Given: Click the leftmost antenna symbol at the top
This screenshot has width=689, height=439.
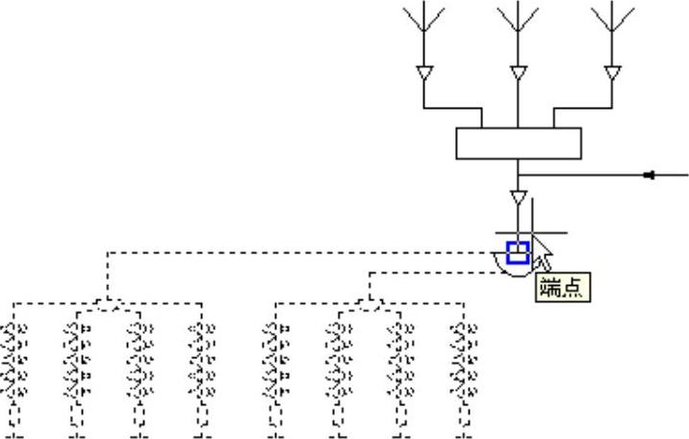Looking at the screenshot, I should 423,19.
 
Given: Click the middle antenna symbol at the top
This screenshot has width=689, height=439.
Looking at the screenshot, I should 518,19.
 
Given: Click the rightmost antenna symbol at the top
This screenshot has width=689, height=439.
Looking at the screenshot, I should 612,19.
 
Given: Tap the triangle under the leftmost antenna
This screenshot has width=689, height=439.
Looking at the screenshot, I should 423,73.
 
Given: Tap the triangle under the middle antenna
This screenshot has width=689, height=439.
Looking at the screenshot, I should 518,73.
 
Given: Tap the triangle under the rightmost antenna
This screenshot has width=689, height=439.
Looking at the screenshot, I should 612,73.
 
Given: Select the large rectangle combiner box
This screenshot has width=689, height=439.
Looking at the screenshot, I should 518,143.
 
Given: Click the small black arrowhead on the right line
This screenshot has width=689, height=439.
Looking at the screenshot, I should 650,175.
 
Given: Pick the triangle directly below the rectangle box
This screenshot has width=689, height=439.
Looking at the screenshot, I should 518,198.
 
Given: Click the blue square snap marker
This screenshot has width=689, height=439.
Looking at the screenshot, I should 518,252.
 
